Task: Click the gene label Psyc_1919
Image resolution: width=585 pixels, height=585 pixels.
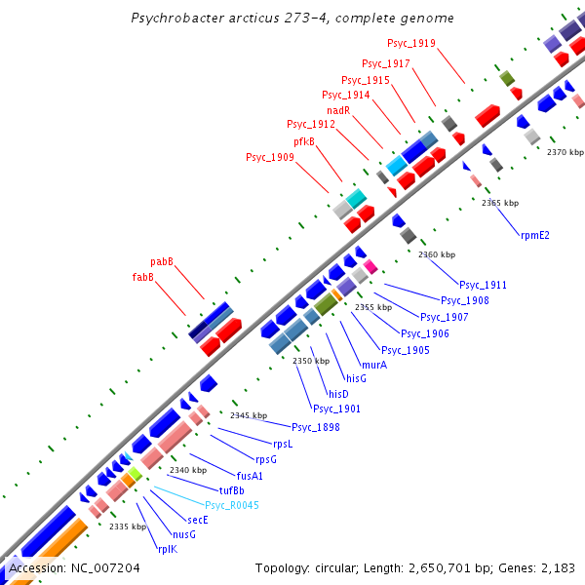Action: pyautogui.click(x=411, y=44)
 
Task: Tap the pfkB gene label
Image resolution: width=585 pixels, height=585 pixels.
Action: pyautogui.click(x=305, y=141)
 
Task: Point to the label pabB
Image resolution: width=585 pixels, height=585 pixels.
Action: pyautogui.click(x=162, y=262)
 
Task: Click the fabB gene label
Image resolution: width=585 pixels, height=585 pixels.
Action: pyautogui.click(x=143, y=277)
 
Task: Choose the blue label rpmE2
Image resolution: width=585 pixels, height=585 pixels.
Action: pyautogui.click(x=535, y=235)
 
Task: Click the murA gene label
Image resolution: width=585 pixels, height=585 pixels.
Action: pyautogui.click(x=374, y=365)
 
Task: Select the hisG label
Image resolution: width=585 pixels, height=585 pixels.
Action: pyautogui.click(x=356, y=378)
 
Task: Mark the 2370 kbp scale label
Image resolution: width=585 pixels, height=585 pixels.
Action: pyautogui.click(x=565, y=152)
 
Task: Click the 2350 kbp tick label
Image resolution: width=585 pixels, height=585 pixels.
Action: pyautogui.click(x=311, y=361)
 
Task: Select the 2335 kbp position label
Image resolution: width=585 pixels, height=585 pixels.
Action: pyautogui.click(x=128, y=526)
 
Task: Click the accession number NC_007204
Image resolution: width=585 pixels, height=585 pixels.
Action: pyautogui.click(x=102, y=567)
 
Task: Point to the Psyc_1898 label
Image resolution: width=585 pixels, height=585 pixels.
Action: pyautogui.click(x=316, y=427)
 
